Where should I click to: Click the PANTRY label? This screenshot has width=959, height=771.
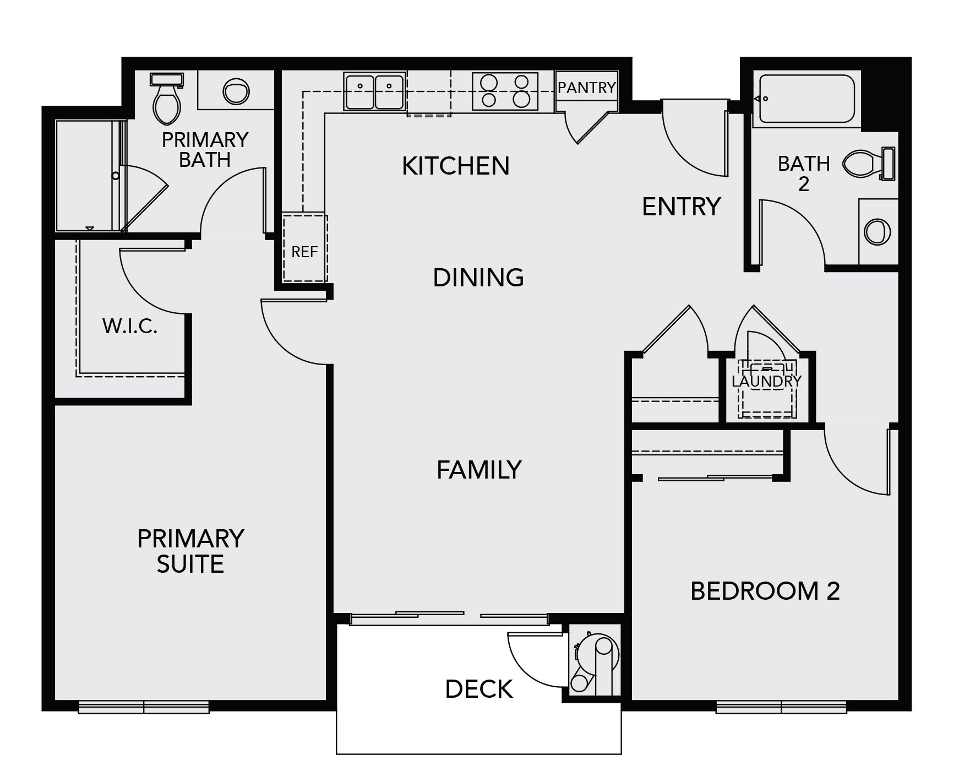(586, 88)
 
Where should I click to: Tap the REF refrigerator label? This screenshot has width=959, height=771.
(304, 252)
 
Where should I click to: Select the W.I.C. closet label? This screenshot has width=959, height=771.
(130, 327)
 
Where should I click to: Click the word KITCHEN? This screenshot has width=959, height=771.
(456, 166)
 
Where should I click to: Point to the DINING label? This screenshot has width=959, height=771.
(478, 278)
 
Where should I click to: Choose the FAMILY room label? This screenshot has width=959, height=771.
(479, 470)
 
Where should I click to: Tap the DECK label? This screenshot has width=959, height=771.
(479, 689)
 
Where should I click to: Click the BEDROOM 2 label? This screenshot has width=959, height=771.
(765, 591)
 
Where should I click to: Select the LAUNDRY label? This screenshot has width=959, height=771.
(766, 381)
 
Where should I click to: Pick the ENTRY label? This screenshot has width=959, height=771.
(682, 207)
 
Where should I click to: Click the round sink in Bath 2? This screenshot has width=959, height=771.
(878, 231)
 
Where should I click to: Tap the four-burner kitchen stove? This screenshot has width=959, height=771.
(505, 91)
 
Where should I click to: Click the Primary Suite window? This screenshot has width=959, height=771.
(144, 707)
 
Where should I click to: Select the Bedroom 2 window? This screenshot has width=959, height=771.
(781, 707)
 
